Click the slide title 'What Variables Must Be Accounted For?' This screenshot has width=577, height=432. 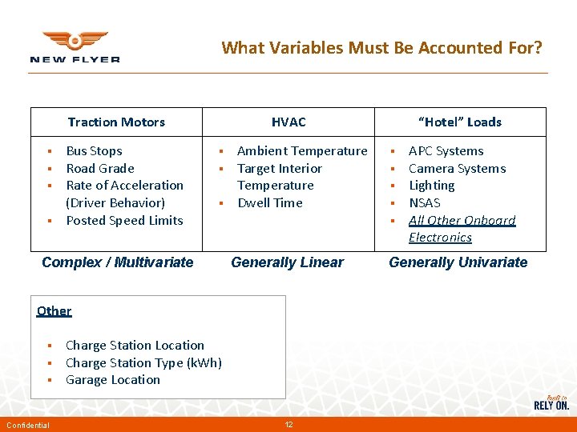pyautogui.click(x=381, y=48)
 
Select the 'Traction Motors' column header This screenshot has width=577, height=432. pyautogui.click(x=116, y=122)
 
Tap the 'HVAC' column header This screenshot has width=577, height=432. pyautogui.click(x=288, y=122)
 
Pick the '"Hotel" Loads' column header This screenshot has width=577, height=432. pyautogui.click(x=461, y=122)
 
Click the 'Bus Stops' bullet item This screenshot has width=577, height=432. pyautogui.click(x=94, y=151)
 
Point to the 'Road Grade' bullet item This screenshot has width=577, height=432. pyautogui.click(x=99, y=169)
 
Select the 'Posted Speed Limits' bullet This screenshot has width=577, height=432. pyautogui.click(x=124, y=221)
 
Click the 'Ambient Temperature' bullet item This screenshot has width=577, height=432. pyautogui.click(x=302, y=151)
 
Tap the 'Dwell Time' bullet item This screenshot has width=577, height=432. pyautogui.click(x=270, y=203)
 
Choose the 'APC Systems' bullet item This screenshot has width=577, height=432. pyautogui.click(x=446, y=151)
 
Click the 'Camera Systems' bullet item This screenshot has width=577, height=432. pyautogui.click(x=457, y=169)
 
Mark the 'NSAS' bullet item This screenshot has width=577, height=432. pyautogui.click(x=424, y=203)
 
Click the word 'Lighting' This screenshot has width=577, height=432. pyautogui.click(x=431, y=186)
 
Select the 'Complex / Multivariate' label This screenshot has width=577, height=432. pyautogui.click(x=117, y=262)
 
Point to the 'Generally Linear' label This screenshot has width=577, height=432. pyautogui.click(x=287, y=262)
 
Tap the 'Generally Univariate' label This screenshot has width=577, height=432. pyautogui.click(x=458, y=262)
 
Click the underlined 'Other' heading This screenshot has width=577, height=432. pyautogui.click(x=54, y=310)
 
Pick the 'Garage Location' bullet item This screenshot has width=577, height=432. pyautogui.click(x=112, y=380)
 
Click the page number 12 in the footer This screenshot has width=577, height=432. pyautogui.click(x=288, y=424)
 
